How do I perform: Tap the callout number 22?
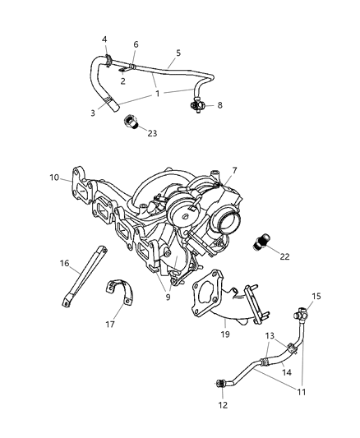click(x=285, y=257)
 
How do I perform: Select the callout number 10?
click(x=54, y=177)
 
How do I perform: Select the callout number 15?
click(x=316, y=295)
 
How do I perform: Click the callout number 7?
click(x=234, y=170)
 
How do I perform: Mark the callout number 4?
click(x=104, y=39)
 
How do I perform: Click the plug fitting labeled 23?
click(x=129, y=123)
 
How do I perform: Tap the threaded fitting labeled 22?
click(x=261, y=242)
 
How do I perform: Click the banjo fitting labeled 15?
click(x=301, y=312)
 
